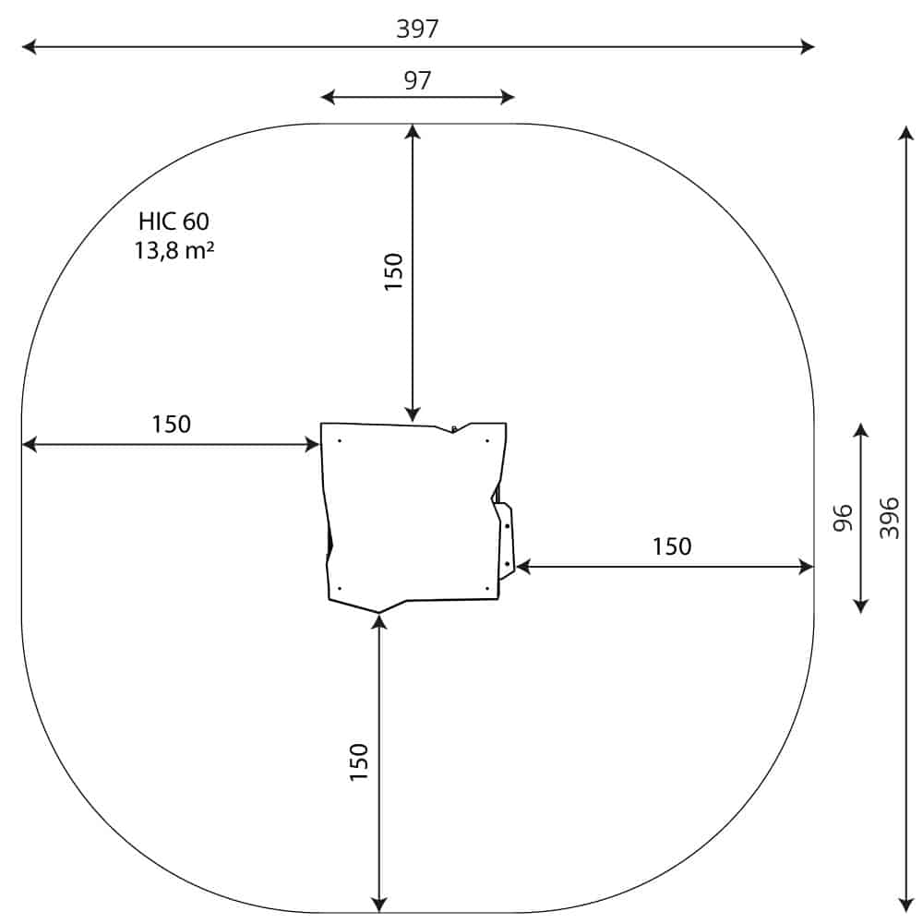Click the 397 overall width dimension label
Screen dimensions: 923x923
417,29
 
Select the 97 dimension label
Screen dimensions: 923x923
417,80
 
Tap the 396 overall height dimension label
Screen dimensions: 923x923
890,518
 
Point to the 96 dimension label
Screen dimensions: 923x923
843,518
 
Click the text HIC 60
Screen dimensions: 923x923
174,222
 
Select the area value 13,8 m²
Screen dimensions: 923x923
174,250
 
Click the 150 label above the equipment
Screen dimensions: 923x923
393,271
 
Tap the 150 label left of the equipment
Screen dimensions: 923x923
172,424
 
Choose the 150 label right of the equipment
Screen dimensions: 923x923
672,546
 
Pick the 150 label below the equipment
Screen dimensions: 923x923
358,762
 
